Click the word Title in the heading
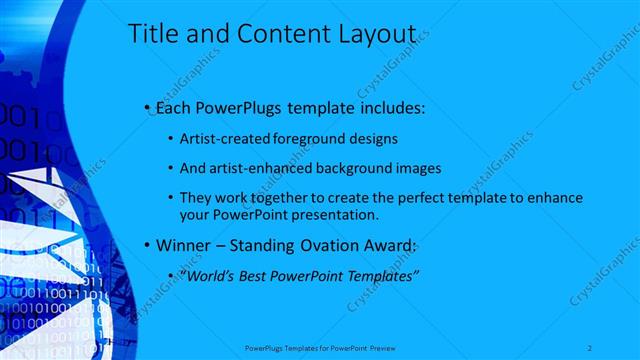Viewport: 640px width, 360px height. coord(153,35)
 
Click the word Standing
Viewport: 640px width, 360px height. coord(271,244)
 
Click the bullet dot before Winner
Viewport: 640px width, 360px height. coord(147,245)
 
